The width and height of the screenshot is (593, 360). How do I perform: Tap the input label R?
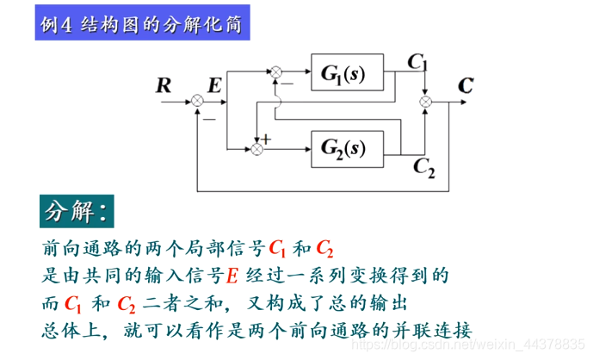pyautogui.click(x=164, y=84)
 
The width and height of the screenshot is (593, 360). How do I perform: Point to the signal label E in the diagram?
pyautogui.click(x=215, y=84)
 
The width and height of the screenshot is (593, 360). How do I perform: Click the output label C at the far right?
pyautogui.click(x=465, y=85)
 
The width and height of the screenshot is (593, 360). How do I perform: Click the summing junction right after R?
pyautogui.click(x=196, y=102)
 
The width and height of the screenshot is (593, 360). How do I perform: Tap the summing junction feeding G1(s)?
pyautogui.click(x=276, y=74)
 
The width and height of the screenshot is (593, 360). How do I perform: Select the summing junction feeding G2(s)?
pyautogui.click(x=256, y=150)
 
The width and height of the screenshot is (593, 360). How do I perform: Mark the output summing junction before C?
pyautogui.click(x=425, y=102)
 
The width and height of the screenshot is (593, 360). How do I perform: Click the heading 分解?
pyautogui.click(x=77, y=211)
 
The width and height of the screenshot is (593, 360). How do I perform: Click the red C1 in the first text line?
pyautogui.click(x=277, y=250)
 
